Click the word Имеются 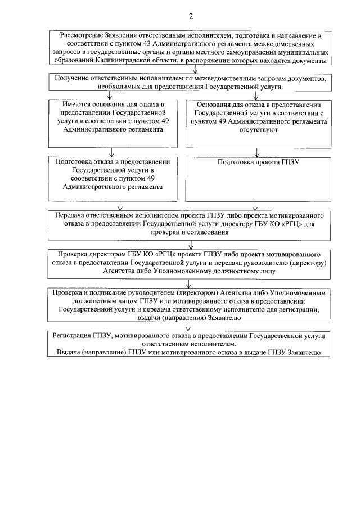78,105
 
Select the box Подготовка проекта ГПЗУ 258,179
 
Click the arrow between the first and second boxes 195,70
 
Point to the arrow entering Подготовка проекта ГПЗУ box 258,152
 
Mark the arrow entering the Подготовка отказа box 114,152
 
